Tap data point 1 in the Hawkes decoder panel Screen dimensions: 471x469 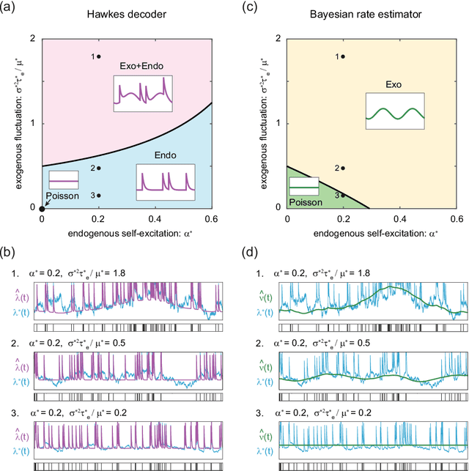click(99, 56)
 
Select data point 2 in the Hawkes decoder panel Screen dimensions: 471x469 click(99, 168)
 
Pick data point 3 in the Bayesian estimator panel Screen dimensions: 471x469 click(344, 196)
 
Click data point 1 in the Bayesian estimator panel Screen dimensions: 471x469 click(344, 56)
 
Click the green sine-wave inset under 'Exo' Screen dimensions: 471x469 click(395, 113)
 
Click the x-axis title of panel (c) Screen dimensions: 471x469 click(372, 234)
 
